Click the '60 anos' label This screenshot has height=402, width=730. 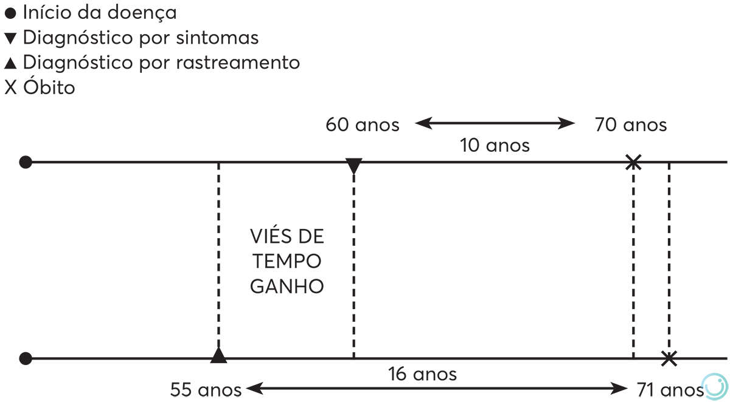click(x=363, y=125)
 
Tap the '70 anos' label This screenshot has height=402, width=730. click(x=630, y=125)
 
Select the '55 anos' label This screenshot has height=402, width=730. click(x=206, y=389)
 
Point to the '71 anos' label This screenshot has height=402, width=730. click(x=670, y=389)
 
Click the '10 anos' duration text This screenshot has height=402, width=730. click(x=495, y=146)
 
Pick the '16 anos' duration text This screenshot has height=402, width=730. click(x=422, y=374)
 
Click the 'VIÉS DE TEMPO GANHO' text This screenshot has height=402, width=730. click(x=287, y=261)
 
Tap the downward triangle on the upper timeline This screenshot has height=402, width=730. click(x=353, y=166)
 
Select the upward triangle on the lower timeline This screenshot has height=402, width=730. click(x=218, y=355)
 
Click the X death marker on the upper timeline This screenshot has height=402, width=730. click(x=633, y=162)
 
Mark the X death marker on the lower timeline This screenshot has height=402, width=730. click(x=669, y=358)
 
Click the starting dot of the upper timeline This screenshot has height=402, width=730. click(x=25, y=162)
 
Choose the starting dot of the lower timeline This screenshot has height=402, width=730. click(x=25, y=358)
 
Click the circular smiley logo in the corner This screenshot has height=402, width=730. click(x=715, y=386)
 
